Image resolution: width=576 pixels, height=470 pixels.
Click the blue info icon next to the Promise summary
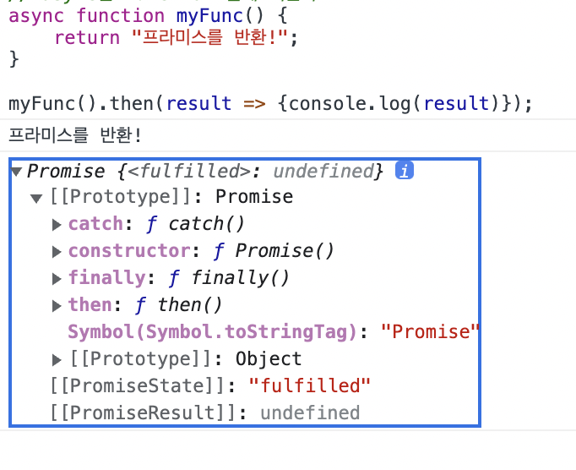point(406,172)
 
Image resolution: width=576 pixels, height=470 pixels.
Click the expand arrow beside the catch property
point(57,225)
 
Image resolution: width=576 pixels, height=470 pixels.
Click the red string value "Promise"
point(430,332)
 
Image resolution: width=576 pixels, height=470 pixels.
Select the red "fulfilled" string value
point(310,386)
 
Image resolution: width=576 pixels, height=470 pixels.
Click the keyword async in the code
point(36,15)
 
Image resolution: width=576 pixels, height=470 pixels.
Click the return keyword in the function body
point(87,38)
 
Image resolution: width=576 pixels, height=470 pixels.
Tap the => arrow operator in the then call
point(254,104)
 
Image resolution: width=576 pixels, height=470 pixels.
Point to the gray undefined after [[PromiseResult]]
point(309,413)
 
